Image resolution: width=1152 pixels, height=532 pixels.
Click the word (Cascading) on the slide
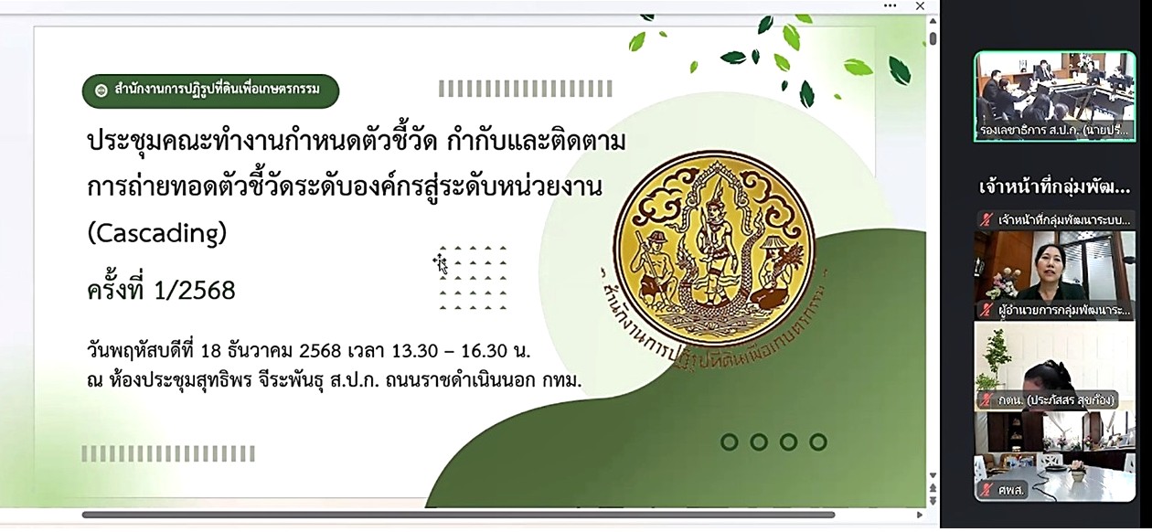point(156,234)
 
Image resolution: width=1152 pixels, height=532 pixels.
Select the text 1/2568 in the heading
point(195,291)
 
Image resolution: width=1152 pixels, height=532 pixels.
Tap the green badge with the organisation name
point(210,90)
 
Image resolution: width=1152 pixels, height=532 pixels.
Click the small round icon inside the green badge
point(101,90)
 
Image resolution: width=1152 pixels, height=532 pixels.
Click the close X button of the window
point(921,6)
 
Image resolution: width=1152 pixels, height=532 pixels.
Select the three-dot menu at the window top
point(890,6)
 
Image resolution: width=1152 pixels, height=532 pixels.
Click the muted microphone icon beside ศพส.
point(986,490)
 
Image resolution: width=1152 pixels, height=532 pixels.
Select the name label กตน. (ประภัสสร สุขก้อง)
point(1059,399)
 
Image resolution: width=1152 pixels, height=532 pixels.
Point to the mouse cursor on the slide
point(441,264)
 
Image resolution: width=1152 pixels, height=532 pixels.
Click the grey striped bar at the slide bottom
point(168,453)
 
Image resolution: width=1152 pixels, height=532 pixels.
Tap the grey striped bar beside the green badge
point(511,89)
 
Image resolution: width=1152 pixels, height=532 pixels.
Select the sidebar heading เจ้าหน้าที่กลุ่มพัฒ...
point(1054,188)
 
